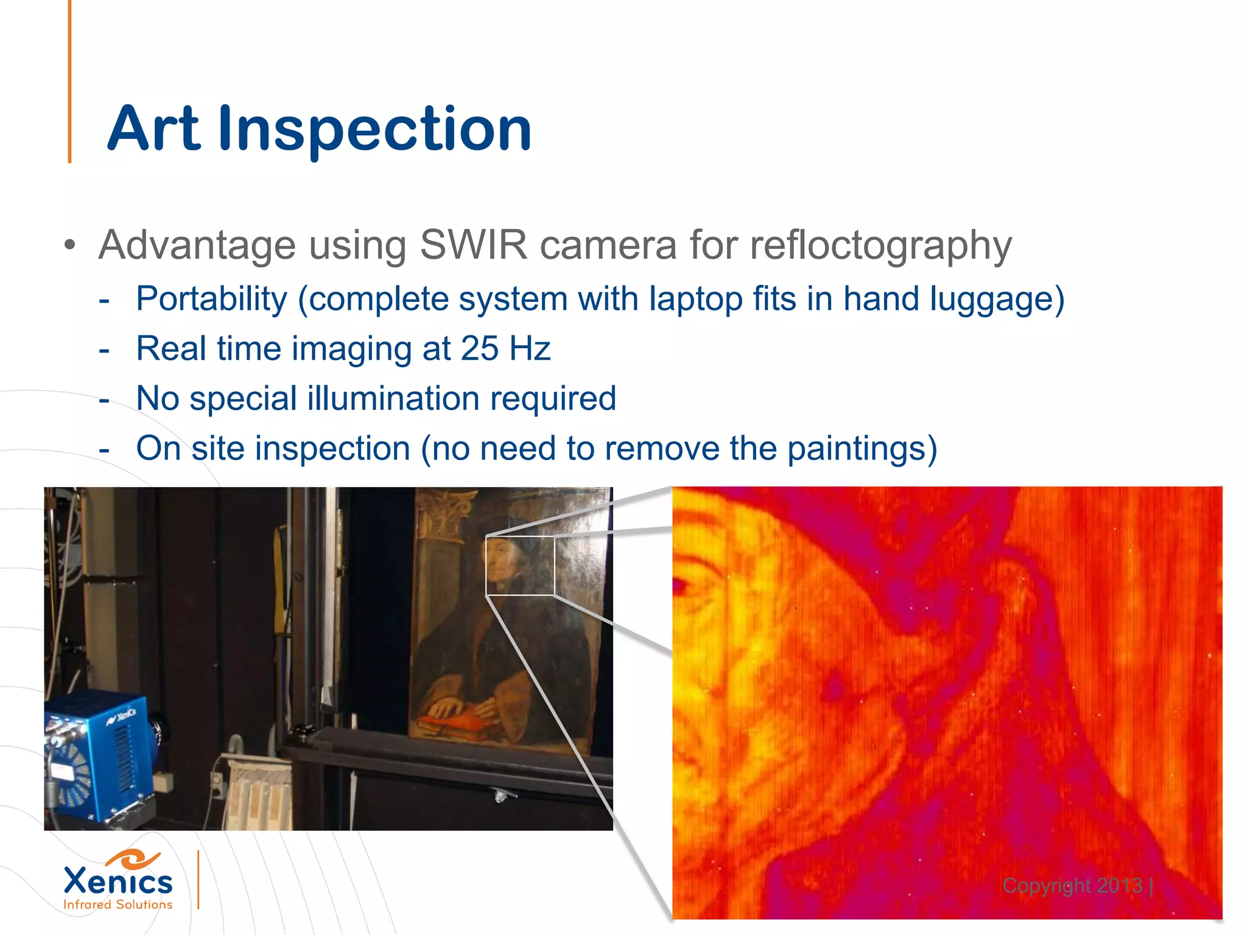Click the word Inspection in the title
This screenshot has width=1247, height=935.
coord(374,129)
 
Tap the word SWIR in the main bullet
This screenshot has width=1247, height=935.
coord(473,245)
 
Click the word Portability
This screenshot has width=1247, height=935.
coord(211,299)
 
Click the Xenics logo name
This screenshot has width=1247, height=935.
coord(118,881)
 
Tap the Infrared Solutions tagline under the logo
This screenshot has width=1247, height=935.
coord(118,905)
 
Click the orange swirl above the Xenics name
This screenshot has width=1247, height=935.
coord(133,859)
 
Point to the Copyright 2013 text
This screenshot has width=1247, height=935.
coord(1072,885)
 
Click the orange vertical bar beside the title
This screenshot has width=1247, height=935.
coord(70,82)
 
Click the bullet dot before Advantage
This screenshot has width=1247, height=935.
coord(71,246)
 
